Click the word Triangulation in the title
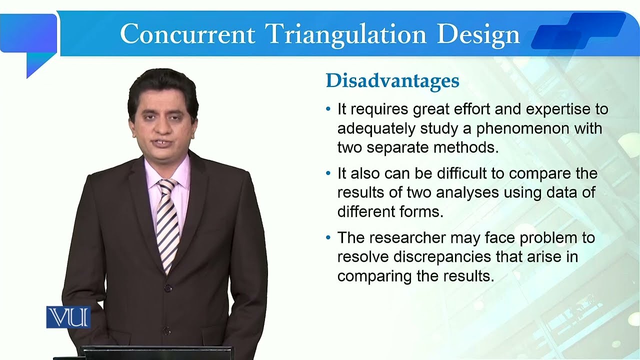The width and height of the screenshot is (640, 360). click(x=346, y=34)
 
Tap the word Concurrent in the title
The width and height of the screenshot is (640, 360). click(x=187, y=34)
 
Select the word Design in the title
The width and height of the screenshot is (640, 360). click(x=478, y=34)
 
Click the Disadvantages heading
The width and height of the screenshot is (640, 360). click(x=392, y=81)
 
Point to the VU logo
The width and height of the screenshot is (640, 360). click(x=68, y=317)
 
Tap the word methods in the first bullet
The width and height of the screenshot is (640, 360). click(x=469, y=148)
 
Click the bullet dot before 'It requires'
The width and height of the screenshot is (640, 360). click(x=328, y=109)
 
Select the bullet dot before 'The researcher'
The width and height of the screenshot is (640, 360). click(x=328, y=237)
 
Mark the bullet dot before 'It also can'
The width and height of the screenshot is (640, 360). click(x=328, y=173)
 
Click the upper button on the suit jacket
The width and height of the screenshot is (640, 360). click(x=168, y=288)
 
